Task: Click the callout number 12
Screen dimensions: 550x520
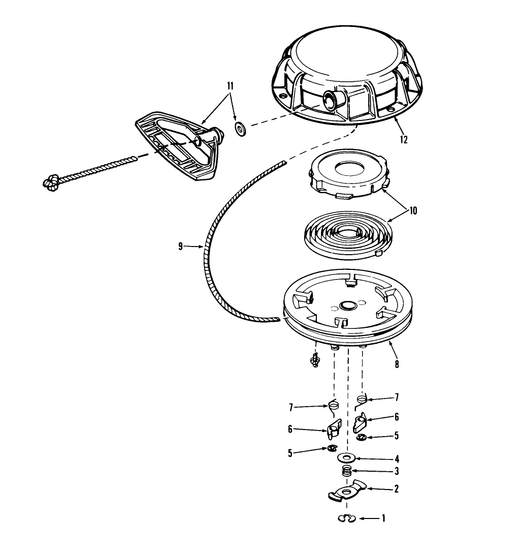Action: coord(404,139)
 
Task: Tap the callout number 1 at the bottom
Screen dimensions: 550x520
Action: coord(383,518)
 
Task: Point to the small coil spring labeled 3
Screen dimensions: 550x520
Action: coord(347,471)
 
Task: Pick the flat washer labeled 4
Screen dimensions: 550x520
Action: coord(347,458)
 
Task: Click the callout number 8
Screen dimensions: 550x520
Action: coord(397,364)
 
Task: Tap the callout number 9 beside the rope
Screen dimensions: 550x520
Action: coord(180,247)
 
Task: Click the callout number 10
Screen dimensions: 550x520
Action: coord(413,210)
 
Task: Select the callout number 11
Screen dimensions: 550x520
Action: coord(230,86)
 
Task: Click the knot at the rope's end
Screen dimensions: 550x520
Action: coord(51,182)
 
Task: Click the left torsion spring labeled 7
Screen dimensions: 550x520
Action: coord(333,406)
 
